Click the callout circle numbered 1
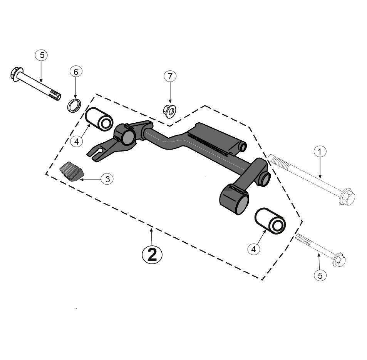click(x=319, y=152)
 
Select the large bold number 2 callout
click(x=152, y=255)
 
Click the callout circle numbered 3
click(x=107, y=179)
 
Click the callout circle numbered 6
click(x=76, y=72)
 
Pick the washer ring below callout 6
click(x=74, y=105)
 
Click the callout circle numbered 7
click(x=170, y=76)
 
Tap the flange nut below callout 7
click(x=169, y=111)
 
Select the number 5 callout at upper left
click(x=42, y=55)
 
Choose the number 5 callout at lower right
click(x=320, y=275)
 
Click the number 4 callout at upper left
click(x=77, y=141)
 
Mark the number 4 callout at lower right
click(x=253, y=249)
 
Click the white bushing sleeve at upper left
click(x=99, y=119)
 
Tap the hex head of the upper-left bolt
click(x=17, y=74)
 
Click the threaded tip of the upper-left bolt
click(x=55, y=95)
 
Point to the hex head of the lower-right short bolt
click(x=339, y=260)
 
